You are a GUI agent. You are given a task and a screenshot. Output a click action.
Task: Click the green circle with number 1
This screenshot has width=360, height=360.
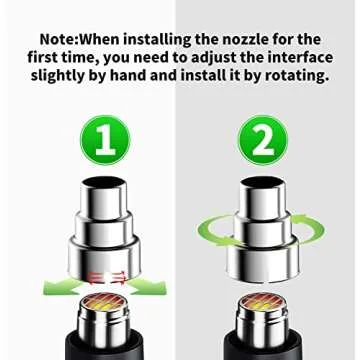point(112,142)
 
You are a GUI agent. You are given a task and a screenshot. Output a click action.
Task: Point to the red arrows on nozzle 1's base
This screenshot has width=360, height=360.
point(103,274)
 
